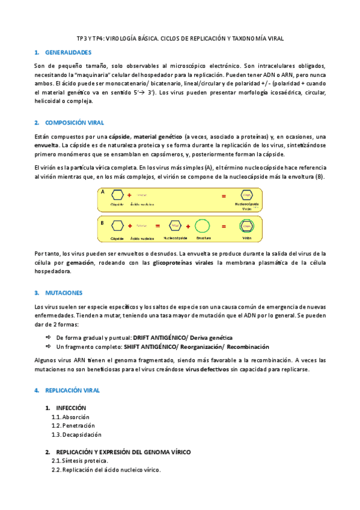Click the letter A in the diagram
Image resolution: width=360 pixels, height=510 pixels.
103,192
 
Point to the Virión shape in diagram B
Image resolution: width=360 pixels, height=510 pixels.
246,227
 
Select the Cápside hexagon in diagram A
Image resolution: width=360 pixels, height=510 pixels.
118,195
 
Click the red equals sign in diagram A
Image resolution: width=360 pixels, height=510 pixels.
224,196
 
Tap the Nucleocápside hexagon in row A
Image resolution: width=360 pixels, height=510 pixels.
246,195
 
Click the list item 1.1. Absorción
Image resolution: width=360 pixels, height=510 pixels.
71,417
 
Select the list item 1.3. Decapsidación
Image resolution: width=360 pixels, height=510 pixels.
77,434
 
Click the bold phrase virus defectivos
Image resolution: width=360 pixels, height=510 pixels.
206,369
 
